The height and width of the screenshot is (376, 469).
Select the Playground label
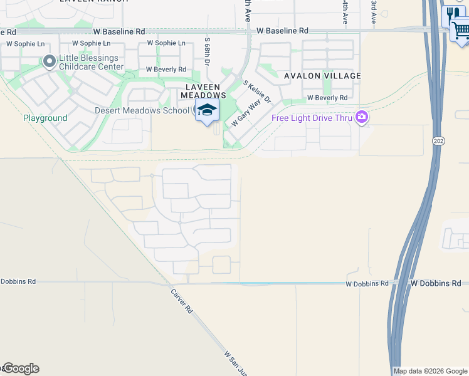[x=45, y=118]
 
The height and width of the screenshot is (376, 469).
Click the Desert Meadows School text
[x=142, y=110]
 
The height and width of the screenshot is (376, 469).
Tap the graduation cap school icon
[x=206, y=110]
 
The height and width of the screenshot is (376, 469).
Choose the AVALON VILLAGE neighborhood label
[x=322, y=76]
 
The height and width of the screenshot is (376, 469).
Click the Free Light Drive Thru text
[x=311, y=118]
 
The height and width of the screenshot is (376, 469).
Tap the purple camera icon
[x=361, y=117]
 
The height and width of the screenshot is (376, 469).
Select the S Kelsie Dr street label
[x=256, y=91]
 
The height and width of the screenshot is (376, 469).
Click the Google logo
[x=20, y=368]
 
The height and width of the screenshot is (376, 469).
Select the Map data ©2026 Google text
[x=430, y=371]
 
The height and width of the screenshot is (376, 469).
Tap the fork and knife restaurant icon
[x=451, y=14]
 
